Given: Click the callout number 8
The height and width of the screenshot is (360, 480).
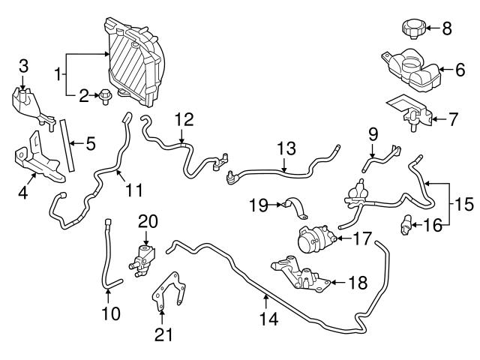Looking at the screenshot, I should (x=447, y=29).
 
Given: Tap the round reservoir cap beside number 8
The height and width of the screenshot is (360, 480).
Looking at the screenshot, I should (x=413, y=30).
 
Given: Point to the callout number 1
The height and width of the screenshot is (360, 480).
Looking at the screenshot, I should (x=58, y=75).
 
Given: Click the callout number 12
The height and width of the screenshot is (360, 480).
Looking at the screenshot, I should (x=184, y=119).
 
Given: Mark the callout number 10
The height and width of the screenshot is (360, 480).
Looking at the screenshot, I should (x=111, y=312).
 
